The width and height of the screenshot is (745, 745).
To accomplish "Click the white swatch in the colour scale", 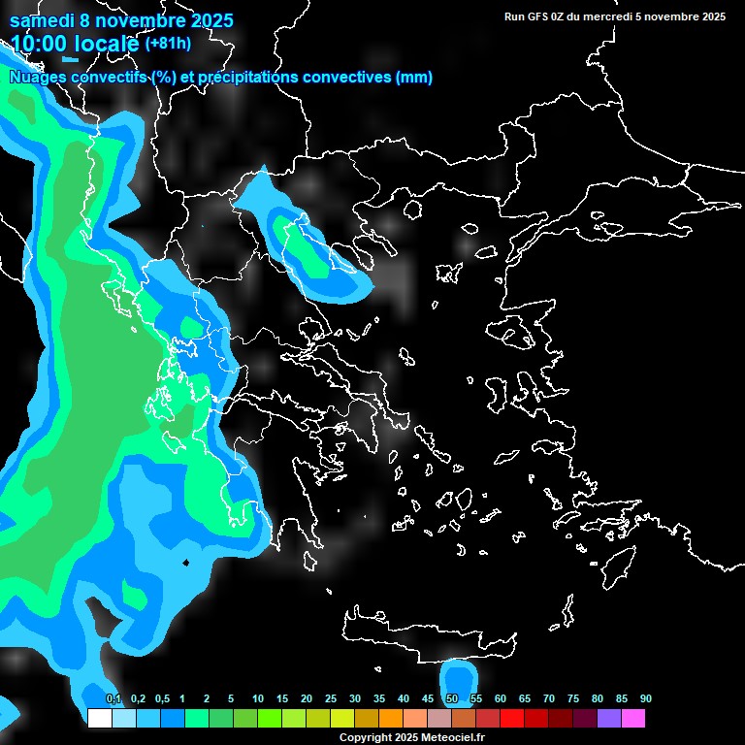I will tap(100, 718).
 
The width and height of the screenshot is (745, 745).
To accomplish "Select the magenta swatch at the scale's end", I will tap(633, 718).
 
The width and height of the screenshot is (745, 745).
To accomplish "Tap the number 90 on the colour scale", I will tap(646, 699).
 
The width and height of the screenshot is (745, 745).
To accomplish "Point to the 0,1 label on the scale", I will tap(113, 699).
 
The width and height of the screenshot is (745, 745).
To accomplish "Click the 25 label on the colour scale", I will tap(331, 699).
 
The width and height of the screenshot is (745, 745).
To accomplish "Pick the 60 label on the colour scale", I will tap(501, 699).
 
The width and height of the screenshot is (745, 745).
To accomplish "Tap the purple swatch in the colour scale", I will tap(609, 718).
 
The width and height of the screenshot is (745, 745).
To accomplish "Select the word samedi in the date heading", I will tap(43, 20).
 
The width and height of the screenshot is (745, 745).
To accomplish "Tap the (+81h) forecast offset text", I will tap(167, 44).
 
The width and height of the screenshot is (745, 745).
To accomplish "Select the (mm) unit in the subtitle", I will tap(414, 78).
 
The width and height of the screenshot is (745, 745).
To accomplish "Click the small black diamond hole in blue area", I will tap(186, 563).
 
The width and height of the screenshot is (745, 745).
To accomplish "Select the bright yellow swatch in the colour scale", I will tap(342, 718).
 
